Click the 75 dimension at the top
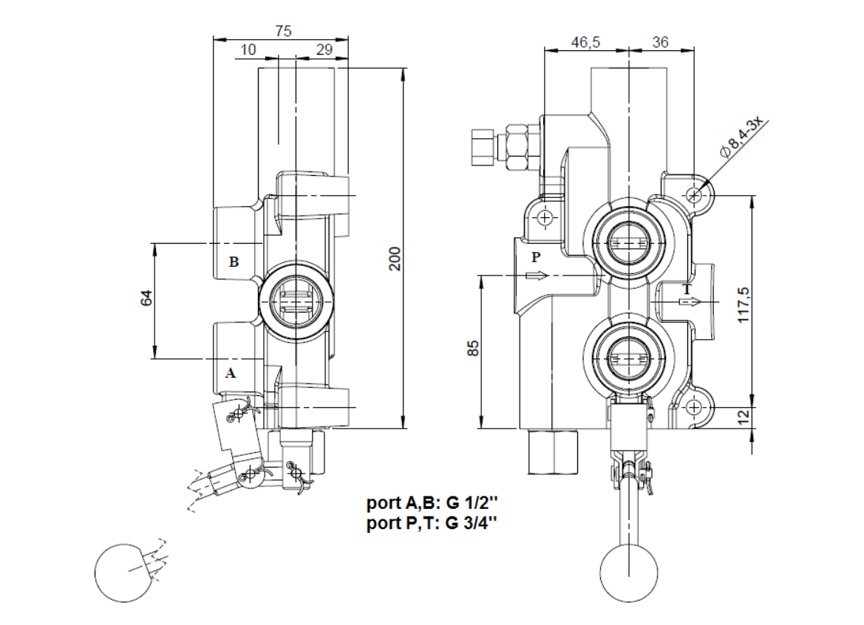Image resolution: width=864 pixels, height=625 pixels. pos(283,31)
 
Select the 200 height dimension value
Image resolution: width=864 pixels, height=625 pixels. pos(395,258)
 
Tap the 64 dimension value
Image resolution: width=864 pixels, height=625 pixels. pos(146,299)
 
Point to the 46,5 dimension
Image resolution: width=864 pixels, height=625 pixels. pos(585,43)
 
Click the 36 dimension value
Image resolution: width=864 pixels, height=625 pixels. pos(660,43)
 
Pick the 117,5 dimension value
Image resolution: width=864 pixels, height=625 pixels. pos(744,302)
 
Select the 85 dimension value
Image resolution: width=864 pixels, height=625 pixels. pos(474,347)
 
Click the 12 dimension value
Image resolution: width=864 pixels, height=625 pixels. pos(744,415)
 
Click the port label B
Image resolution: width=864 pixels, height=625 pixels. pos(234,262)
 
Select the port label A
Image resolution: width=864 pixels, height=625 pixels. pos(231,373)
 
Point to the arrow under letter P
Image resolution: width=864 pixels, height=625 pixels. pos(537,276)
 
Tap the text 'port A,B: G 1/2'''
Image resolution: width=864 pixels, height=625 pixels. pos(432,504)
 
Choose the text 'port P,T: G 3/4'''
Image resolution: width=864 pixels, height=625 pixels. pos(432,523)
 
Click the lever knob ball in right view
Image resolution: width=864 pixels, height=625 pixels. pos(628,573)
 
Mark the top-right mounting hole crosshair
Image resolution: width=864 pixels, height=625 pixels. pos(694,195)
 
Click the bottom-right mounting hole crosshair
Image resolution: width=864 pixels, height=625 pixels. pos(694,408)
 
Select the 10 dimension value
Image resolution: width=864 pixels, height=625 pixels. pos(248,49)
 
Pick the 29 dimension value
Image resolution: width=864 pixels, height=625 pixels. pos(324,49)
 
